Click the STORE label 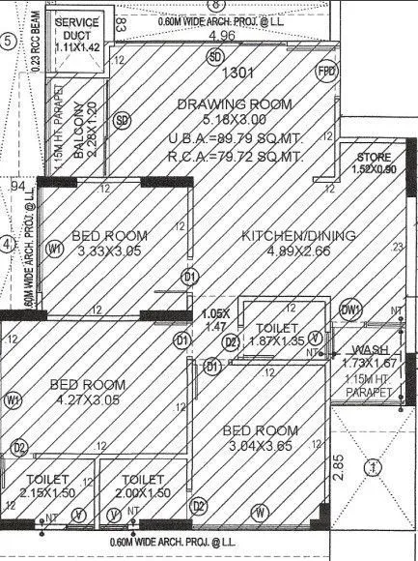click(376, 157)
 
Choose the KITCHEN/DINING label click(286, 235)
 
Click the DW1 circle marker click(350, 310)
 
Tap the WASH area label click(369, 349)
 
